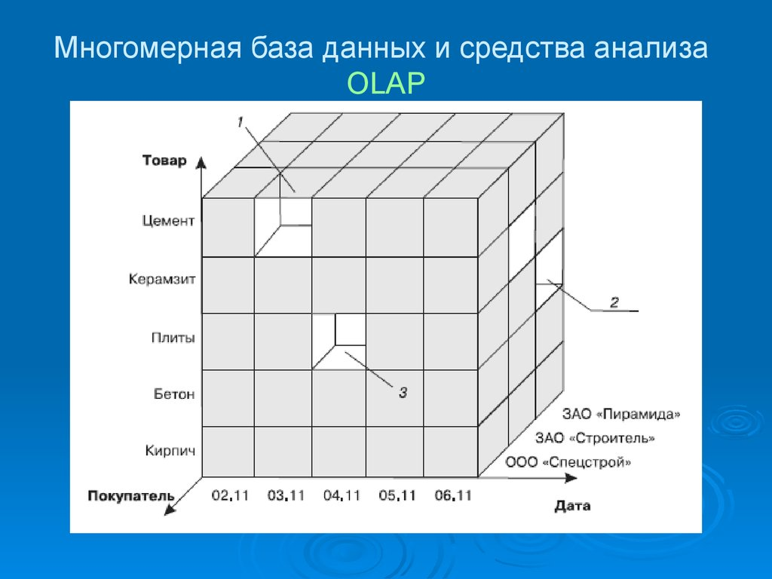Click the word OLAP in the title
tap(386, 84)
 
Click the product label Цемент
tap(168, 221)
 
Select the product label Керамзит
tap(161, 279)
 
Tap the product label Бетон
tap(174, 394)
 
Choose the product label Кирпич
tap(170, 451)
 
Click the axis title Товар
tap(164, 161)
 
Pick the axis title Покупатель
tap(131, 496)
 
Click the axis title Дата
tap(572, 506)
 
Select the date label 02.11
tap(230, 495)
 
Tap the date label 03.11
tap(286, 495)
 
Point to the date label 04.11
tap(342, 495)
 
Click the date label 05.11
tap(397, 495)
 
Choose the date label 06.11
tap(453, 495)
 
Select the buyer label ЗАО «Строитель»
tap(595, 438)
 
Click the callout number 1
tap(240, 121)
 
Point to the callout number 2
tap(614, 302)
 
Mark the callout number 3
tap(403, 391)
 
